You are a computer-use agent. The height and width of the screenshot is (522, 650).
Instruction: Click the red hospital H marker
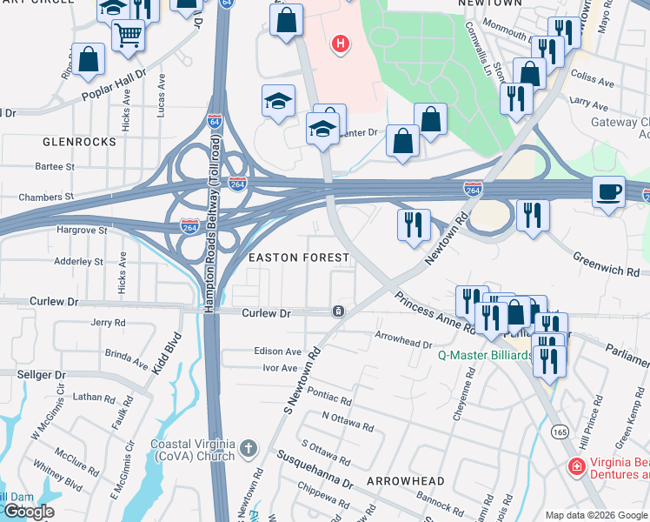click(341, 43)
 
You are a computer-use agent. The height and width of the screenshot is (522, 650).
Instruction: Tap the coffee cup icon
click(609, 191)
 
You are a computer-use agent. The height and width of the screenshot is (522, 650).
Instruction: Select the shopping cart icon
click(129, 36)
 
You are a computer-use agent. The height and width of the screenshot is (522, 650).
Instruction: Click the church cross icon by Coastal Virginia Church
click(248, 449)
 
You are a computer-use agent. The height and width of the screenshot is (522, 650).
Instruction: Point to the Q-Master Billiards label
click(484, 355)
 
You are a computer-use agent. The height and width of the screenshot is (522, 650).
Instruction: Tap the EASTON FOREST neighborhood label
click(299, 258)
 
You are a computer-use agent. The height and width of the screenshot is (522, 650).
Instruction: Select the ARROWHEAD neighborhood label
click(405, 481)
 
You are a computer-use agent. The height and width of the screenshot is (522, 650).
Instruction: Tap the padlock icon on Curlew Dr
click(337, 311)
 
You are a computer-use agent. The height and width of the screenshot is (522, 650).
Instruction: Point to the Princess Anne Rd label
click(434, 312)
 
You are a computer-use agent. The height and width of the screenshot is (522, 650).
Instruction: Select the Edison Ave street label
click(278, 351)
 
